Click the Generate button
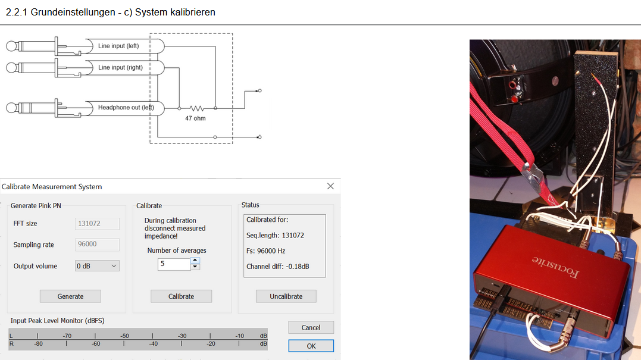(70, 296)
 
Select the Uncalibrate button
(286, 296)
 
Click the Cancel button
(311, 327)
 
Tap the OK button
(311, 346)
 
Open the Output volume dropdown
(97, 266)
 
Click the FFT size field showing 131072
(97, 224)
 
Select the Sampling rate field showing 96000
(97, 245)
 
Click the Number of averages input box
(174, 264)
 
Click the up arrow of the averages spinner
(195, 260)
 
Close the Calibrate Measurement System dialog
(330, 186)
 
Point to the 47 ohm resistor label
(195, 118)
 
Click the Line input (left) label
(118, 46)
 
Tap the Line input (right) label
(121, 67)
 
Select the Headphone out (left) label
(126, 108)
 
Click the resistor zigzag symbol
(196, 108)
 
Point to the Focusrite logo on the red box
(555, 266)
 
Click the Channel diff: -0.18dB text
(277, 267)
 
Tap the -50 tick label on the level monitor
(124, 336)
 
